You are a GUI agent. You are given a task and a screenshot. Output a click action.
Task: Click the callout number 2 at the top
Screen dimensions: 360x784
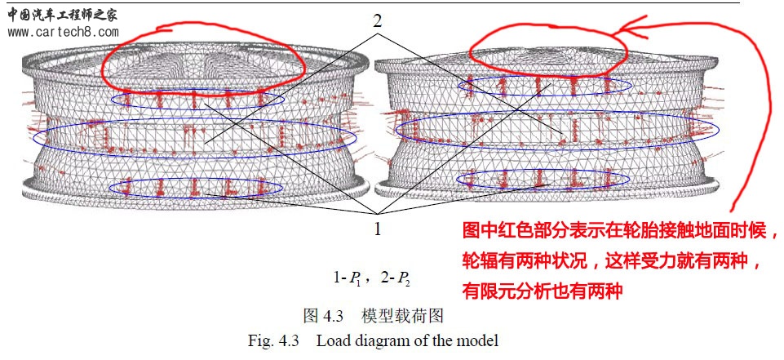point(377,21)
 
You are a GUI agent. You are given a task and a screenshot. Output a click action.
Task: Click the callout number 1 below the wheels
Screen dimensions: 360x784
point(377,229)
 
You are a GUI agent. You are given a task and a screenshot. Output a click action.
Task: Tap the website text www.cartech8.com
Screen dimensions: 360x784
point(64,33)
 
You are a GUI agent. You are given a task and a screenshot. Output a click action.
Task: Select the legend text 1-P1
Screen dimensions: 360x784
point(349,279)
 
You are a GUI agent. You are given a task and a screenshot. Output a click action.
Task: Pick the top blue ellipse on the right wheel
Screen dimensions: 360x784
point(534,85)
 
